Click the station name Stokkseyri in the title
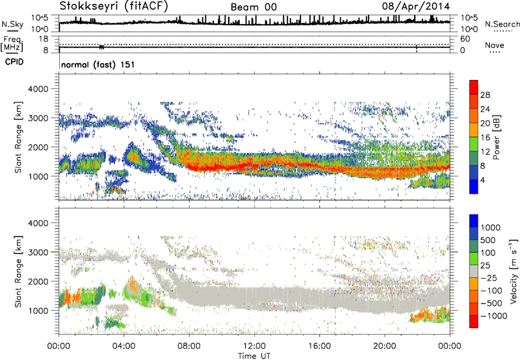coord(84,7)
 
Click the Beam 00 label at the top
coord(253,7)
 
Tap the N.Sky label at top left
coord(10,25)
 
